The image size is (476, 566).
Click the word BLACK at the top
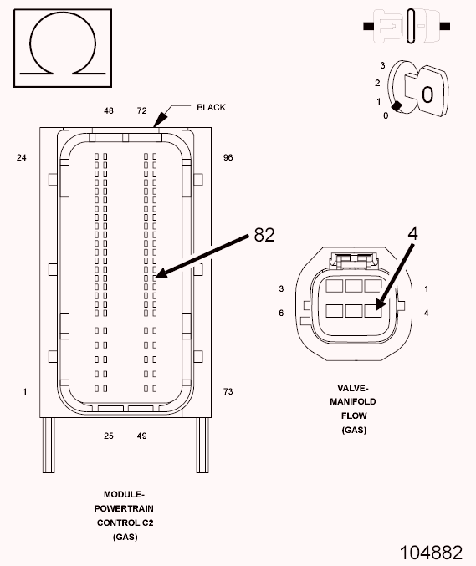click(211, 107)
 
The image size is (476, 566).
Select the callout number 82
click(264, 235)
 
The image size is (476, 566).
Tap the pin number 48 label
click(109, 110)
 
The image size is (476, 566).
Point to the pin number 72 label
click(141, 110)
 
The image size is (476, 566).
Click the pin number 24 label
click(23, 157)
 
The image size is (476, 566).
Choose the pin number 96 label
click(228, 157)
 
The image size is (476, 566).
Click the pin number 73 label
click(228, 391)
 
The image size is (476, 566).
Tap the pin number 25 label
click(109, 436)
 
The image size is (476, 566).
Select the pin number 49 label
click(141, 436)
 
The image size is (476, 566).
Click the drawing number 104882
click(431, 552)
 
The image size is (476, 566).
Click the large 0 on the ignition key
click(427, 94)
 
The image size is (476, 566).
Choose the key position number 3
click(381, 64)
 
